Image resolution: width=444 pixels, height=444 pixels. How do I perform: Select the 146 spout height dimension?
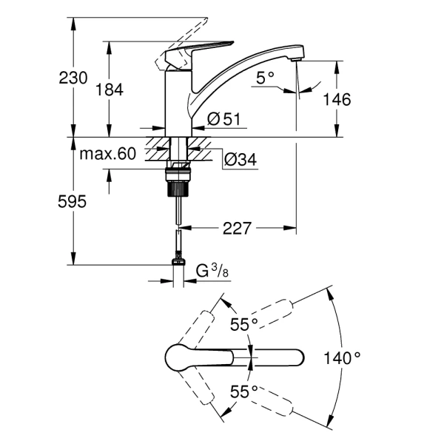pos(336,99)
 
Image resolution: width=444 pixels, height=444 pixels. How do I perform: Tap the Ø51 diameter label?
pos(221,118)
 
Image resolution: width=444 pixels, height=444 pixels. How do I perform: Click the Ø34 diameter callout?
pos(238,159)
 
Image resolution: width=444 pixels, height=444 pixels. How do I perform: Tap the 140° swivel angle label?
pos(343,358)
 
